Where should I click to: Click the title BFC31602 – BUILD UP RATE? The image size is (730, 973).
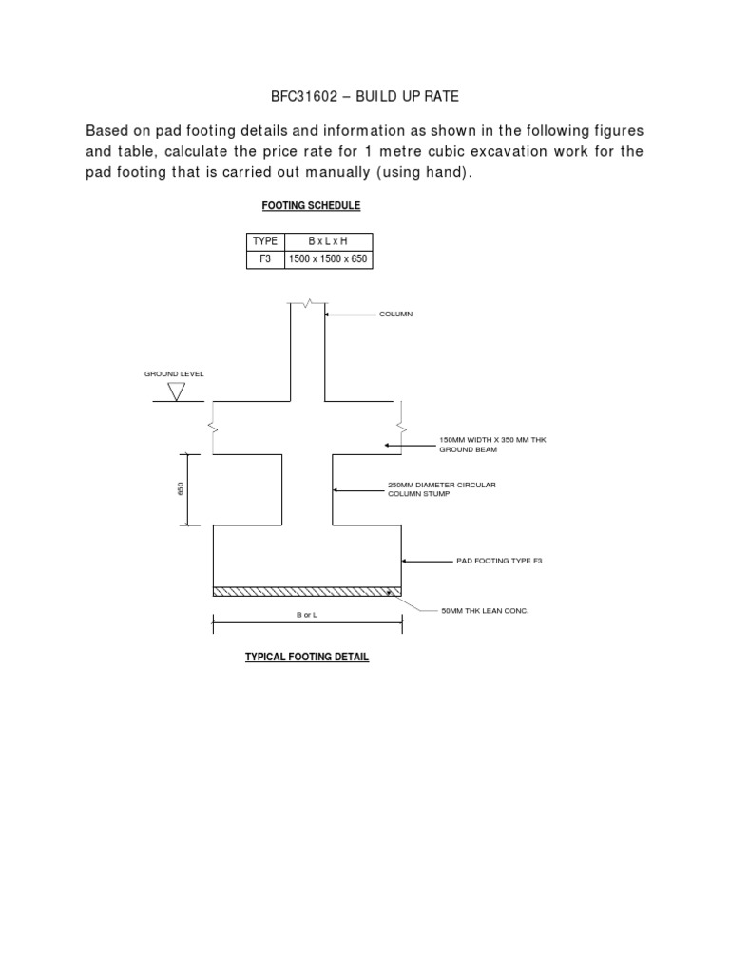pos(365,97)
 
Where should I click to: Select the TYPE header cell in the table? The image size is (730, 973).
pos(264,241)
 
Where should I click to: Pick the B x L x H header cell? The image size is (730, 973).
pos(327,241)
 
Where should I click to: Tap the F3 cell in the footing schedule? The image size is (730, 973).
pos(264,258)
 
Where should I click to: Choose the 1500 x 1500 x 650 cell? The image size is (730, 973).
pos(327,258)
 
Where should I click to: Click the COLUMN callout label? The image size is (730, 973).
pos(396,314)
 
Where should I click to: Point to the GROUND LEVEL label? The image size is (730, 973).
pos(174,374)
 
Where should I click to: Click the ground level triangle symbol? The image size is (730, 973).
pos(176,391)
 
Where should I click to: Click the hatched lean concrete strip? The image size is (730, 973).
pos(307,591)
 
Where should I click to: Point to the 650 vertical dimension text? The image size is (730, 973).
pos(180,488)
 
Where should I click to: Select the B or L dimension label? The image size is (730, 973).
pos(306,617)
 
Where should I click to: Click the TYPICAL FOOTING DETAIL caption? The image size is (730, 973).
pos(307,657)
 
